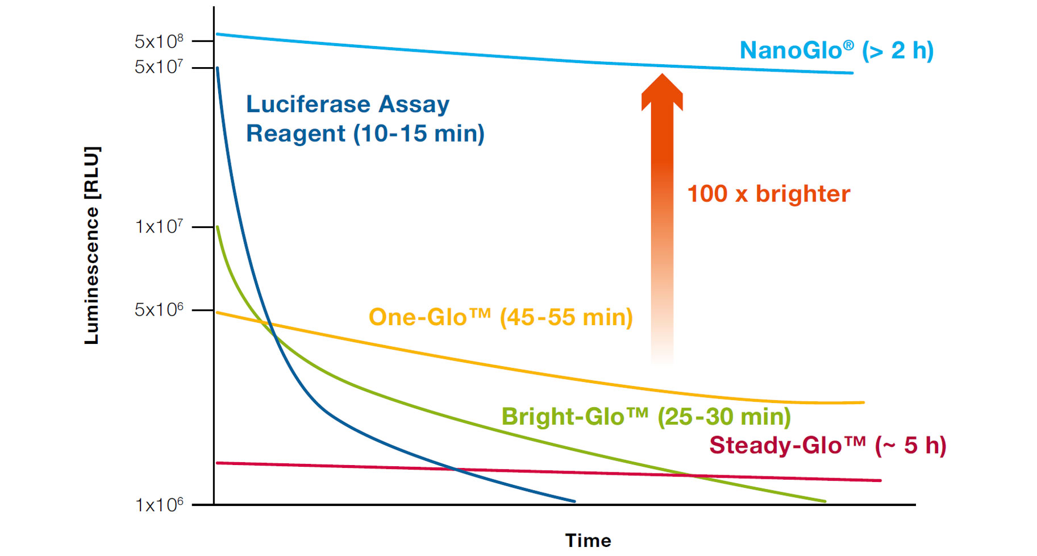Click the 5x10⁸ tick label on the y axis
159,41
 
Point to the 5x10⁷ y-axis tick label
159,67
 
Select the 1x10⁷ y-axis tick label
159,227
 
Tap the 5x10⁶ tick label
159,310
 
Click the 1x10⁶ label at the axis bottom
159,505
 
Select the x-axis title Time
588,540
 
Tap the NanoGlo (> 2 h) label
836,51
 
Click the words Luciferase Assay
347,105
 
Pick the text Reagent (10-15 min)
365,134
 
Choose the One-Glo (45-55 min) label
500,317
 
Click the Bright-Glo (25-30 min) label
645,417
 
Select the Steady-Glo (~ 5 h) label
827,445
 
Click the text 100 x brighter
768,194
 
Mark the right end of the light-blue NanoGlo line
851,73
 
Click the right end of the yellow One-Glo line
863,403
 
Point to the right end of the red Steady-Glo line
880,480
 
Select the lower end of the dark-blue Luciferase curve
573,501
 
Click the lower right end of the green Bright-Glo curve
824,501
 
